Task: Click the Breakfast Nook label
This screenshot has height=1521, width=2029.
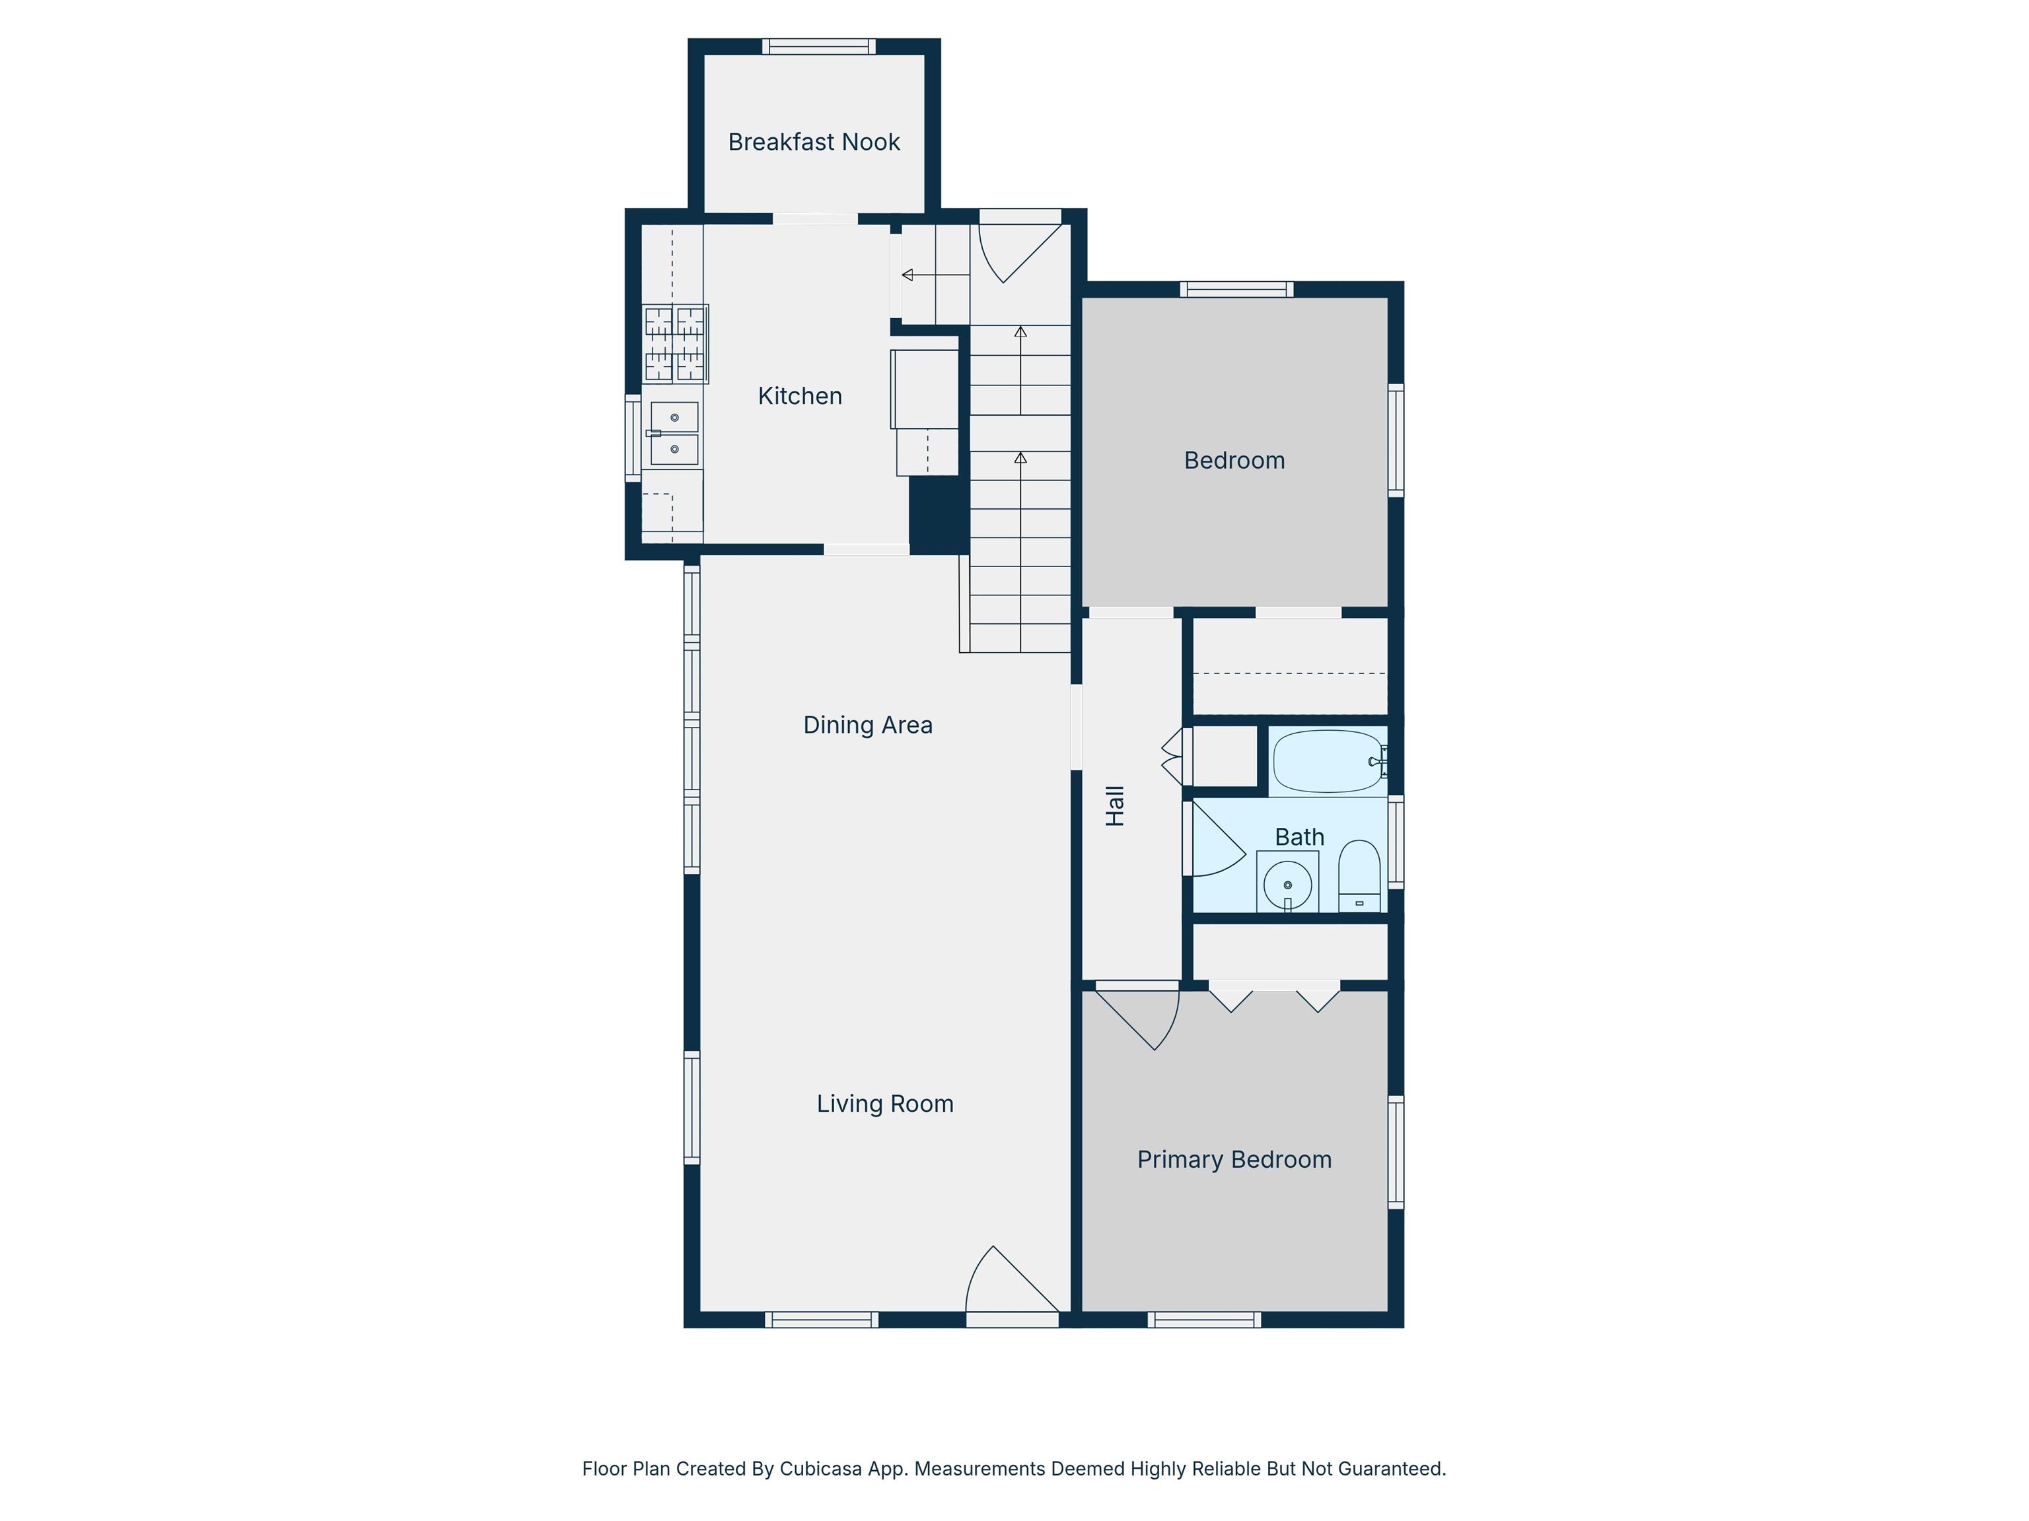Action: click(814, 142)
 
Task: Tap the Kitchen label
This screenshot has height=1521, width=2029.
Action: click(800, 396)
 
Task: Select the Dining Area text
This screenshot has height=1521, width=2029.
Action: click(868, 726)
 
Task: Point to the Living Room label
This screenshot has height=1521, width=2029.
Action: click(885, 1104)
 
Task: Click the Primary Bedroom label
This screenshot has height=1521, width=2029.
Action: click(1234, 1160)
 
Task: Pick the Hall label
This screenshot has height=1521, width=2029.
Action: click(1114, 806)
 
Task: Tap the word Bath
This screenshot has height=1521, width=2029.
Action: click(1300, 837)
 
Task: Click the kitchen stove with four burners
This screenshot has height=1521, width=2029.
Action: click(675, 344)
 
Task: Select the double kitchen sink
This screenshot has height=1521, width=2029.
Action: click(674, 434)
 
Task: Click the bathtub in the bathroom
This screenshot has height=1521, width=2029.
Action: click(1329, 761)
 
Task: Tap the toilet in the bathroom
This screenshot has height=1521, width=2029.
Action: click(1359, 877)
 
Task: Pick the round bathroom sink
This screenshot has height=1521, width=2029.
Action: click(1288, 882)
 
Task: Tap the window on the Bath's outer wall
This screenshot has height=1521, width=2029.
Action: click(1395, 842)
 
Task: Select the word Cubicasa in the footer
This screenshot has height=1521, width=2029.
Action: click(821, 1469)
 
